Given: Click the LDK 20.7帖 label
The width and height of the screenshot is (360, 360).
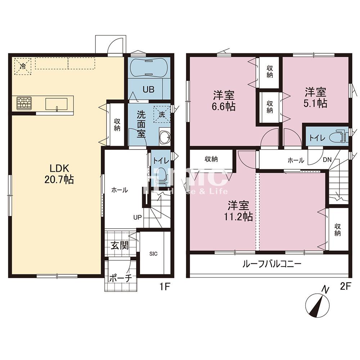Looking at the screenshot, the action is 59,174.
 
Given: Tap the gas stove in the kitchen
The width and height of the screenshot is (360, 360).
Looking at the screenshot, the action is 24,103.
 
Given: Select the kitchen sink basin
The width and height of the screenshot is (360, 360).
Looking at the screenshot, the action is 57,104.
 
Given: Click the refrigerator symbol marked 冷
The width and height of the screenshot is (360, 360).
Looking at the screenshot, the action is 23,66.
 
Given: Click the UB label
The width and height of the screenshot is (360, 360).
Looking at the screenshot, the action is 149,89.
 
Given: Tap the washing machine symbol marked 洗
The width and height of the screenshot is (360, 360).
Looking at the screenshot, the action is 162,114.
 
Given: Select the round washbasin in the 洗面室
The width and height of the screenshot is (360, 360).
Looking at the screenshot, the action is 165,137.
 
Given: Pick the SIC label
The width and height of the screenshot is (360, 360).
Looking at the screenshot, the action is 153,254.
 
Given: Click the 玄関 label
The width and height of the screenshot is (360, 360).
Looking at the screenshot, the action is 120,246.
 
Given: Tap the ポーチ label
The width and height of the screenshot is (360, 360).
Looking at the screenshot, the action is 120,278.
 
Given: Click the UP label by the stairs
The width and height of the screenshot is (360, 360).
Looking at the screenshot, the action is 137,217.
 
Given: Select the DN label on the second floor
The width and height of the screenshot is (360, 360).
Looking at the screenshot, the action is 327,159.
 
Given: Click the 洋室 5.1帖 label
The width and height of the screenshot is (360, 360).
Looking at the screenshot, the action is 315,98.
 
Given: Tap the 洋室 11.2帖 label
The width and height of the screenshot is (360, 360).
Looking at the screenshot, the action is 238,211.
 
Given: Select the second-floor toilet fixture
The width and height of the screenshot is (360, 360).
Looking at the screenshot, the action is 338,137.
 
